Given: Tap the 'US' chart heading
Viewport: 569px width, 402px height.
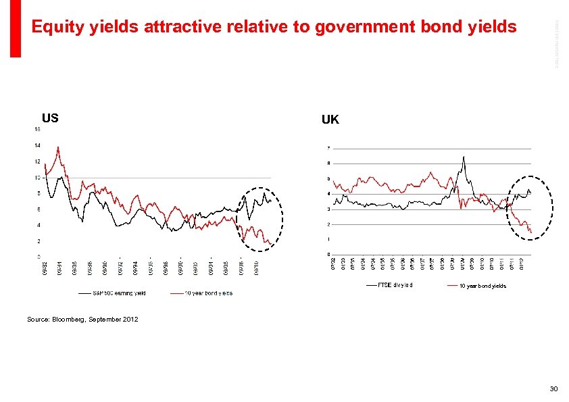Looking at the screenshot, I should point(50,118).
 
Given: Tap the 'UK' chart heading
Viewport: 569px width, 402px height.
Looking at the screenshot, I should point(330,120).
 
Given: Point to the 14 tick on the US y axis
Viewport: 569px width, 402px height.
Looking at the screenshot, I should point(38,145).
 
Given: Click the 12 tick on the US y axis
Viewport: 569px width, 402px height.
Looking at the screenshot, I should point(38,161).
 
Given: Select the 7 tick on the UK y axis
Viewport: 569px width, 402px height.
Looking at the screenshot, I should point(328,148).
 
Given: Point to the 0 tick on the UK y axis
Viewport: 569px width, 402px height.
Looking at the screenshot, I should point(328,254).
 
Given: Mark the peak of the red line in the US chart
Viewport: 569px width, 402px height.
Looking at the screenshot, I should point(58,147).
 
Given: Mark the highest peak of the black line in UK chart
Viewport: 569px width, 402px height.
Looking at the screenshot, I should point(464,157).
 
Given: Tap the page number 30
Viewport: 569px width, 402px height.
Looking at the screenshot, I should point(553,388).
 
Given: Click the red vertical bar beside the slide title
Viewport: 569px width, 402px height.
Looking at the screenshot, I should point(16,28).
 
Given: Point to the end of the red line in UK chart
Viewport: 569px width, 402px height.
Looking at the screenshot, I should point(531,233).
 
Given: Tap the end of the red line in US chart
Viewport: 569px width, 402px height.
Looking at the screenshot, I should point(272,245).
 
